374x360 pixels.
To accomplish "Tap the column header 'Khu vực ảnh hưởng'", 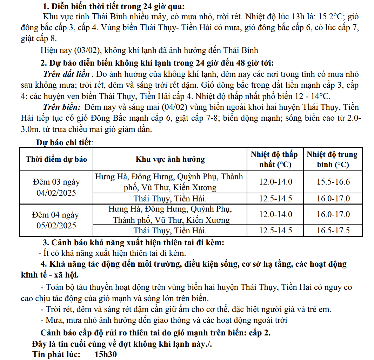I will click(170, 159).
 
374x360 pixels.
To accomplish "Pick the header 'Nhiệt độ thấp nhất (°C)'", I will click(274, 159).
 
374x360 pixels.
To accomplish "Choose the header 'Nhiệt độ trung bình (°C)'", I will click(332, 159).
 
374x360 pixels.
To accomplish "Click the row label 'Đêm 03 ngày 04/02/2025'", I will click(56, 187).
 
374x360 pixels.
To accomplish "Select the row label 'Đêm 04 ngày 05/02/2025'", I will click(56, 220).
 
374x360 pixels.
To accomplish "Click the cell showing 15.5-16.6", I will click(333, 182).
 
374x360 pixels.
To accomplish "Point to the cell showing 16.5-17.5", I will click(333, 231).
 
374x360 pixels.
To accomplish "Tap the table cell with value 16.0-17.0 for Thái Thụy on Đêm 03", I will click(333, 199).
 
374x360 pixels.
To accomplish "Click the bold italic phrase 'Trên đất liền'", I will click(66, 74).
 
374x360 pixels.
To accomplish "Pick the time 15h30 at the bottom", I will click(105, 354).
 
